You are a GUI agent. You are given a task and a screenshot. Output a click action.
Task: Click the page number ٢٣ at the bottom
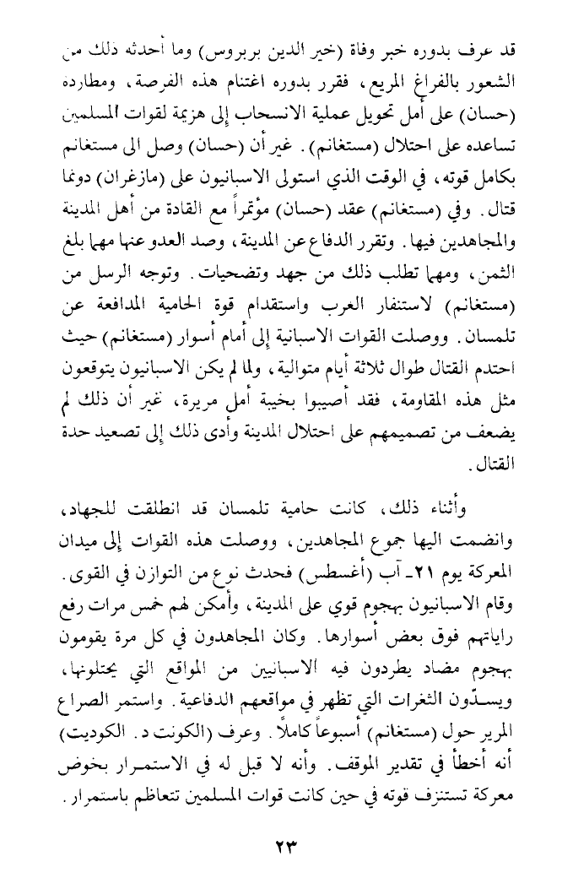(x=288, y=844)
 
